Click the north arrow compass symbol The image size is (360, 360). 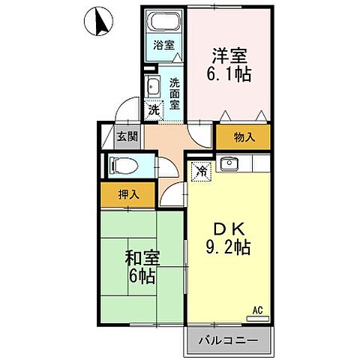[x=98, y=23]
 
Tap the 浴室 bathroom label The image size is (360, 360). [x=164, y=44]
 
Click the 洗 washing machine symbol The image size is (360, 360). [x=153, y=109]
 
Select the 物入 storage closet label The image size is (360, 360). [x=244, y=137]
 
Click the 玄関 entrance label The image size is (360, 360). [x=127, y=136]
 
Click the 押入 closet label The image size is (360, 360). [x=128, y=193]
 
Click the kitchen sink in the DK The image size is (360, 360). [x=229, y=164]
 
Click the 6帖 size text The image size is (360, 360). [x=140, y=277]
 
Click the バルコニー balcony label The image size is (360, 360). [x=228, y=340]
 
